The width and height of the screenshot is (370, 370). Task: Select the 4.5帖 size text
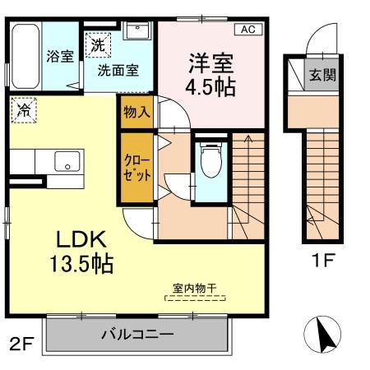[213, 87]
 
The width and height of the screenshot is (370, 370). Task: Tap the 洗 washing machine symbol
[97, 45]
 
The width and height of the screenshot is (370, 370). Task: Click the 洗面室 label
[118, 70]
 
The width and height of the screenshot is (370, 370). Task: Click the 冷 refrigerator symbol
[25, 109]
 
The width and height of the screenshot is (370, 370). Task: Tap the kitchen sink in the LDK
[67, 162]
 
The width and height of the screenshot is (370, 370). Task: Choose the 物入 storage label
[136, 112]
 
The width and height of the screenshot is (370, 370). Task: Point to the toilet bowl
[211, 159]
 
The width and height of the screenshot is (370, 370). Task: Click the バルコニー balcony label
[137, 335]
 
